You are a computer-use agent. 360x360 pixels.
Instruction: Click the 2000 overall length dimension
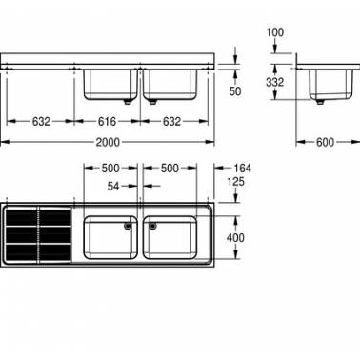tap(108, 142)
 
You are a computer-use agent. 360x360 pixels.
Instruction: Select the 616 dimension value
tap(107, 121)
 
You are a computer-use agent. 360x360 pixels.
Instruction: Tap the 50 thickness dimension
tap(235, 91)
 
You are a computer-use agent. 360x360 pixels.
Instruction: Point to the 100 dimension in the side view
tap(275, 32)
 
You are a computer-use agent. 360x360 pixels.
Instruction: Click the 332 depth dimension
tap(274, 82)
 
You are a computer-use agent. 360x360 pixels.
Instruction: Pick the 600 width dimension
tap(325, 142)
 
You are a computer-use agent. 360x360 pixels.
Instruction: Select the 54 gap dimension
tap(113, 186)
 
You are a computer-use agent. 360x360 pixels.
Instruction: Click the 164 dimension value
tap(242, 169)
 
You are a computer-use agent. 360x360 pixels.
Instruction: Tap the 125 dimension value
tap(235, 182)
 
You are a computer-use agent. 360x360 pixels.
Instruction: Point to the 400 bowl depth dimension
tap(235, 238)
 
